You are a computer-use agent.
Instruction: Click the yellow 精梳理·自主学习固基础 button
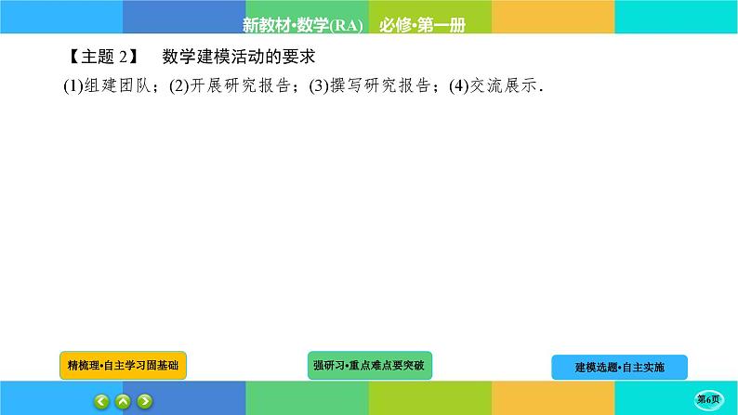(124, 366)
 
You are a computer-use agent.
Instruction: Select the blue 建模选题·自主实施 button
(619, 367)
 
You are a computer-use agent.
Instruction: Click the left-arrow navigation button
(101, 401)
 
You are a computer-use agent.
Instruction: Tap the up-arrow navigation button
(123, 401)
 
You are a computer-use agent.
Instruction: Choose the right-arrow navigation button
(145, 401)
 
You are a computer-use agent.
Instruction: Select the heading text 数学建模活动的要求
(241, 58)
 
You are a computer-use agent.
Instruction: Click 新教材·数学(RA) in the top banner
(302, 23)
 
